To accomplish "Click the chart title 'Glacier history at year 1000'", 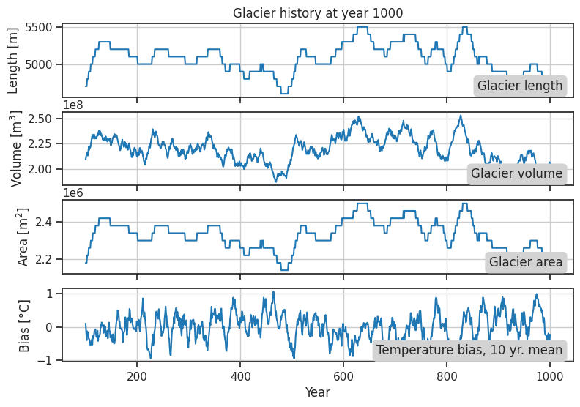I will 318,12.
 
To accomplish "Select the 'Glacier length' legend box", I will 520,86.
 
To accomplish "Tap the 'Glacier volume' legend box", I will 516,173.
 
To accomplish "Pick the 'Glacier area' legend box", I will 526,262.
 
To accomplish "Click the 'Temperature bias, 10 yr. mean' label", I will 469,350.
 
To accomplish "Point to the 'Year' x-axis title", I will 318,393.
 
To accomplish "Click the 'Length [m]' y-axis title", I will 13,60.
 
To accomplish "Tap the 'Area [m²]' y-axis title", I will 23,236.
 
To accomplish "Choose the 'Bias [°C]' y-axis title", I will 23,324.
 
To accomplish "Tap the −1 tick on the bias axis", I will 49,360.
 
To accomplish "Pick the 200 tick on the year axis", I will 137,377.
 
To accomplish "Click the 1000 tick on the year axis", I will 550,377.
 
